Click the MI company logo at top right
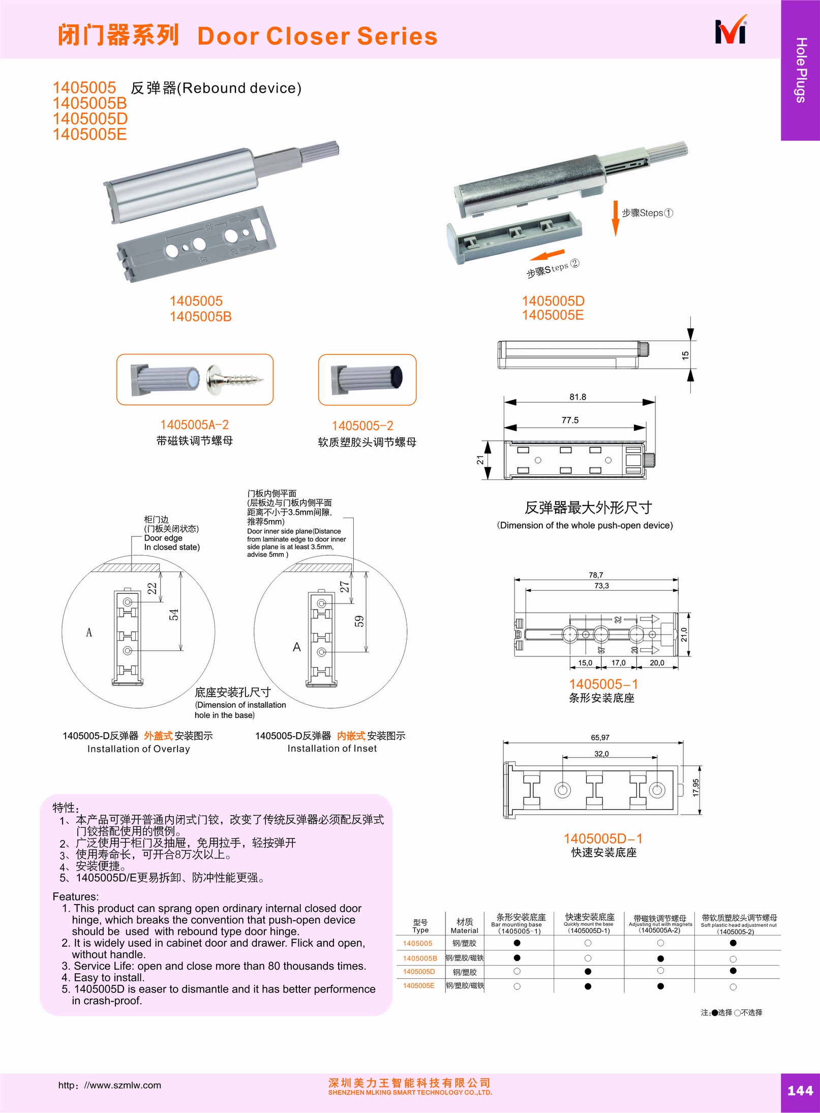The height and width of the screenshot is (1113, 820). pos(731,32)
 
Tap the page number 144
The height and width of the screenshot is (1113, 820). pos(800,1090)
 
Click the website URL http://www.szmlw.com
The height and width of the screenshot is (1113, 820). pos(109,1085)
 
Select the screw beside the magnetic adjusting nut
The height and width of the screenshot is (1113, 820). pos(235,377)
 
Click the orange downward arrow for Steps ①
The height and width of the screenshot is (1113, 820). pos(615,219)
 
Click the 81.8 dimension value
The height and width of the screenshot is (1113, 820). pos(578,397)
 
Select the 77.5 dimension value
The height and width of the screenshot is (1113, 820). pos(570,420)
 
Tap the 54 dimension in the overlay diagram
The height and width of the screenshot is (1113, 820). pos(174,614)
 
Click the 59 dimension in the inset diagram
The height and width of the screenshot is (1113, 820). pos(359,621)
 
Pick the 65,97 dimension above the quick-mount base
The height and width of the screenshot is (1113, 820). pos(600,737)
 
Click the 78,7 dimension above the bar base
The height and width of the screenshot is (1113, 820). pos(596,575)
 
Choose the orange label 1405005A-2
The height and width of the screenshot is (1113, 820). pos(194,425)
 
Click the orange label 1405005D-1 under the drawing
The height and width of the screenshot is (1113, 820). pos(603,838)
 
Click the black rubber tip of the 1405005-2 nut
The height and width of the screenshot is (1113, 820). pos(397,377)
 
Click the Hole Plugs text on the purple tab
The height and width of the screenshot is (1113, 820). pos(801,70)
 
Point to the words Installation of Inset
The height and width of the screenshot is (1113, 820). pos(332,748)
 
